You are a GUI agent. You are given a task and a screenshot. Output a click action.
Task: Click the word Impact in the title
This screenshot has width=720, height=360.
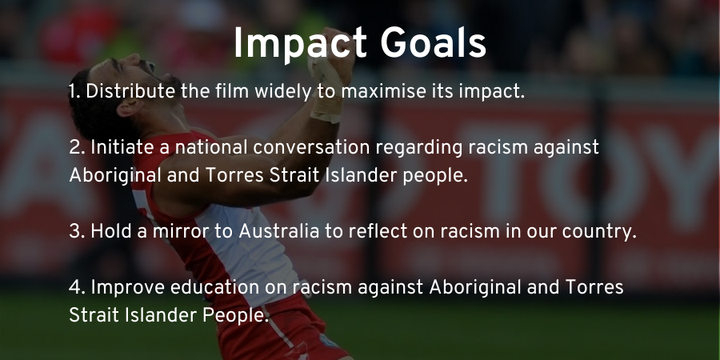[300, 45]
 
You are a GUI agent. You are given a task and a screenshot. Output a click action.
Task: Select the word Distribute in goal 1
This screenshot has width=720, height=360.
[130, 91]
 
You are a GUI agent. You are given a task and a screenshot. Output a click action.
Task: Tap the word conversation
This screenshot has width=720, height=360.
[311, 147]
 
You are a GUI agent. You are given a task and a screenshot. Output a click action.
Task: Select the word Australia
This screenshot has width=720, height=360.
[278, 231]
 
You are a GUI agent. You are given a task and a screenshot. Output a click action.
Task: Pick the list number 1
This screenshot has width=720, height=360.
[74, 92]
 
